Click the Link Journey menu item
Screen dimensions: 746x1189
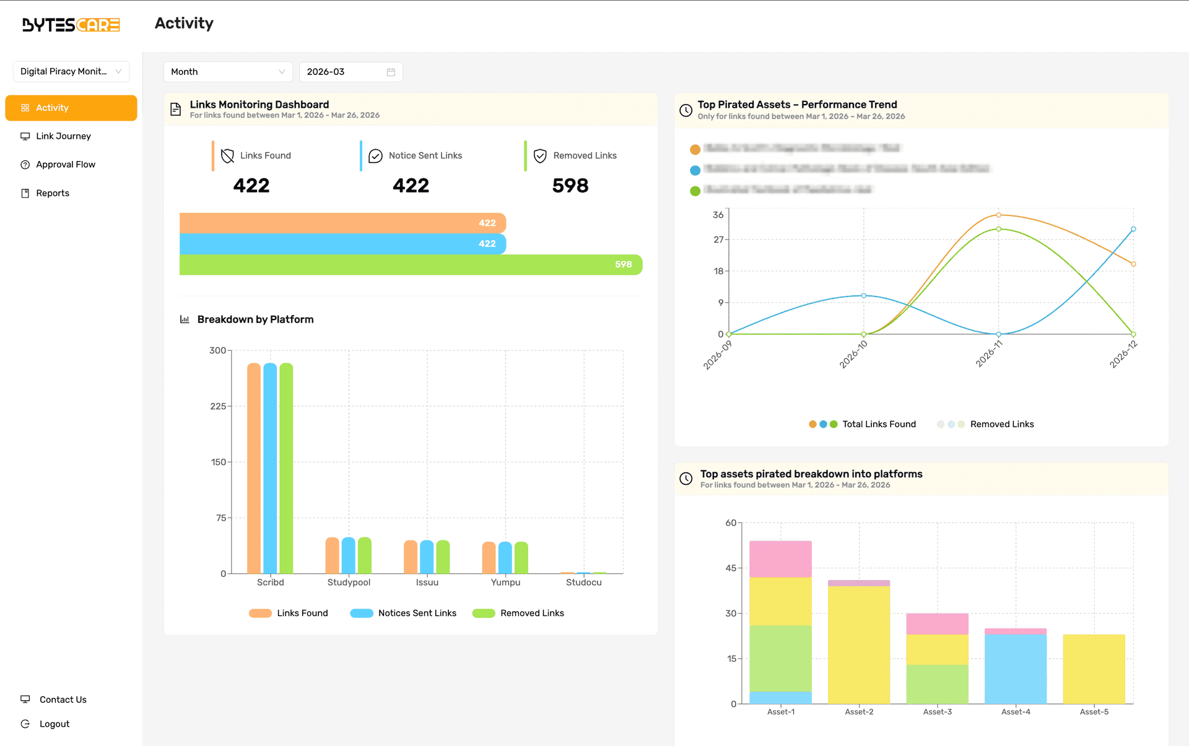(63, 136)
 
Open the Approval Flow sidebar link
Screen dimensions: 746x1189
(65, 165)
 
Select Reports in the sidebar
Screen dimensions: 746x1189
(53, 193)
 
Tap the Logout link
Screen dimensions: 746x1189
(54, 724)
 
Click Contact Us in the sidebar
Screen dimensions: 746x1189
(63, 700)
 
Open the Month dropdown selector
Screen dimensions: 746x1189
(227, 72)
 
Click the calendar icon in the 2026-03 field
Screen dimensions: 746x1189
(391, 72)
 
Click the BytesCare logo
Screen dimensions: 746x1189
(71, 25)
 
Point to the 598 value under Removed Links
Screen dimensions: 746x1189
(570, 186)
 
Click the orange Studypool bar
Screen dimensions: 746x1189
(333, 555)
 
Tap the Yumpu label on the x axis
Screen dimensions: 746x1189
(505, 583)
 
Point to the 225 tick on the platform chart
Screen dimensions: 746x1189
(217, 407)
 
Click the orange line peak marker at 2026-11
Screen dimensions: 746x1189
(998, 215)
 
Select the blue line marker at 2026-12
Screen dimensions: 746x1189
(1133, 229)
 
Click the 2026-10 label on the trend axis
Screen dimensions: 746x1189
(854, 354)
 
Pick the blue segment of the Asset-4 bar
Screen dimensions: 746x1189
(1016, 669)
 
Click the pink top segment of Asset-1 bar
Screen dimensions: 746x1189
(780, 559)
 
